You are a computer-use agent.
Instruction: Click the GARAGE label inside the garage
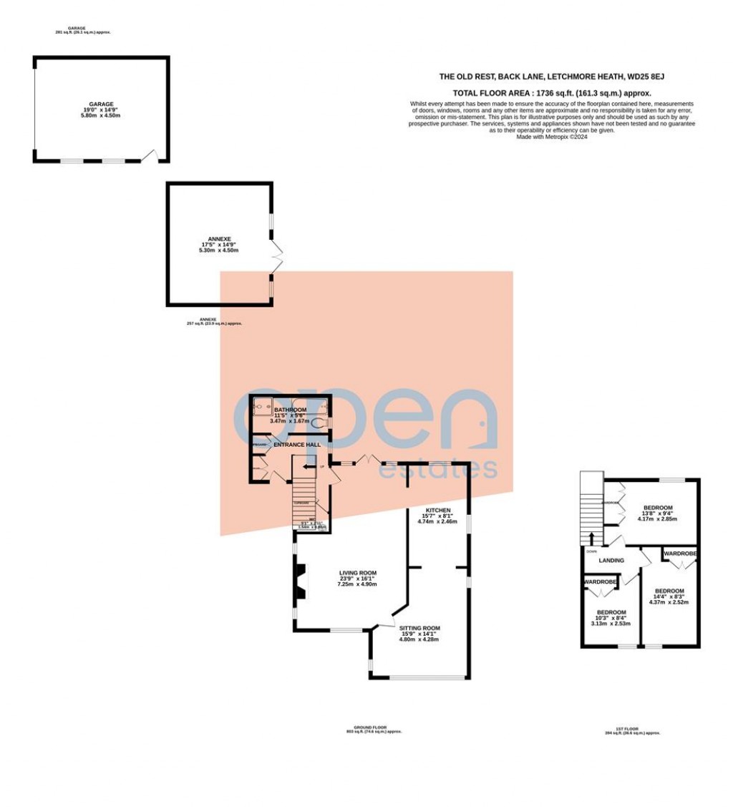(101, 104)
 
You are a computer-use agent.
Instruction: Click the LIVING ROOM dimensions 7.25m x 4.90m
(358, 584)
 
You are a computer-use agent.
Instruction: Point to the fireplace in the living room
(300, 581)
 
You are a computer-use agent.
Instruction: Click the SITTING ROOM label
(419, 628)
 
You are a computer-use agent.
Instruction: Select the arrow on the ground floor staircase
(305, 467)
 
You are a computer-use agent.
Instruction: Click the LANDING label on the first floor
(611, 560)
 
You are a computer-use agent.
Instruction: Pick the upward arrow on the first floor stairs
(591, 538)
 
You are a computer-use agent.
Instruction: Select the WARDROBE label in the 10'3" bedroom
(600, 582)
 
